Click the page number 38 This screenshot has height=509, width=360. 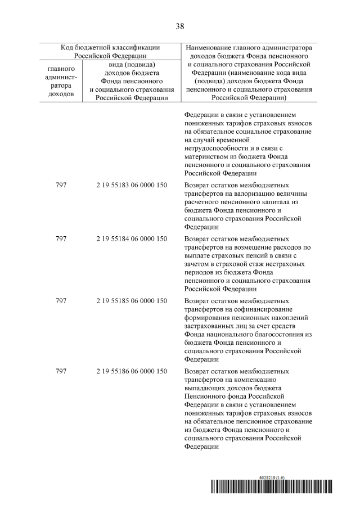click(180, 26)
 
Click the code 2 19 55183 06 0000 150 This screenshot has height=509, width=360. click(132, 185)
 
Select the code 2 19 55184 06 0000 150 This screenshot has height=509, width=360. click(132, 238)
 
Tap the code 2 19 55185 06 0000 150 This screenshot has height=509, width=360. click(132, 301)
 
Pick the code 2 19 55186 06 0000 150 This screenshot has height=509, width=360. click(132, 372)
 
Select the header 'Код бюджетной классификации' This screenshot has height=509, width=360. click(110, 48)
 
